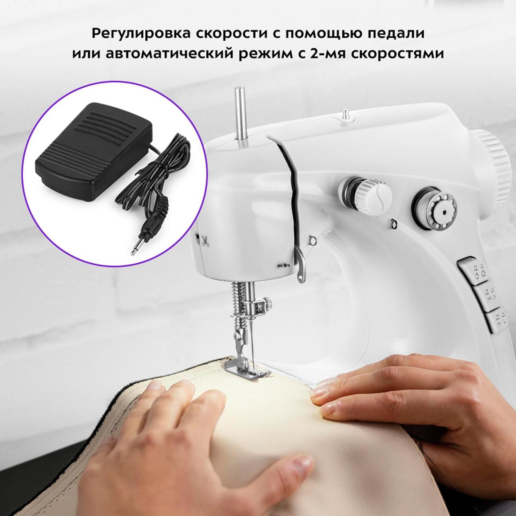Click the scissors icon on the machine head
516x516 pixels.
[205, 241]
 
